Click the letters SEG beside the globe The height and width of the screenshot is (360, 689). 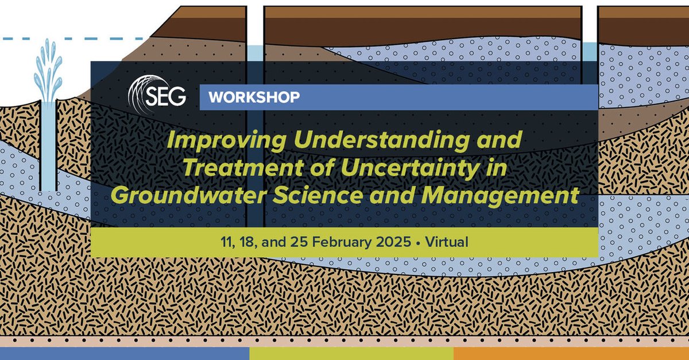pos(170,97)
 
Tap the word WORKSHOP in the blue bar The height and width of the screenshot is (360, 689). pos(254,97)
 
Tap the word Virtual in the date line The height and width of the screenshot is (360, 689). pos(447,242)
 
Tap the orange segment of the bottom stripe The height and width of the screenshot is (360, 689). pos(571,354)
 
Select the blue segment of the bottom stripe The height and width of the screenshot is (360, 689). pos(124,354)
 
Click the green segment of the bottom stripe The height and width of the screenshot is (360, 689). pos(351,354)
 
